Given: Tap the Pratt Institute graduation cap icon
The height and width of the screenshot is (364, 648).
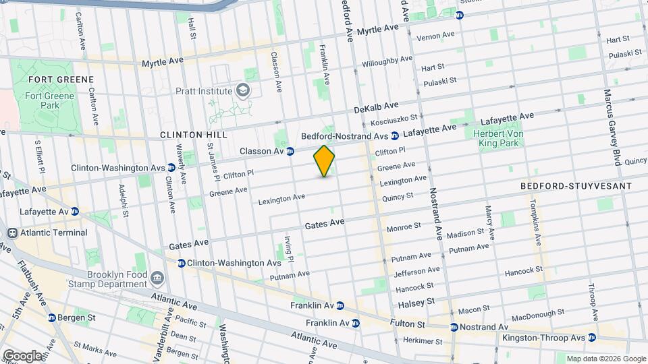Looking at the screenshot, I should point(242,90).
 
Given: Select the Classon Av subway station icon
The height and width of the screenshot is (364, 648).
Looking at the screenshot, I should point(290,151).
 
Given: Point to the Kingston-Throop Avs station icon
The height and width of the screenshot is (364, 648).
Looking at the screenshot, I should point(592,338).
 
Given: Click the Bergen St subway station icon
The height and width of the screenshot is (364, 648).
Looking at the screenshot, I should point(52,317).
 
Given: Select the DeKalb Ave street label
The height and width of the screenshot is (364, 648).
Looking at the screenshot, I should point(376,108).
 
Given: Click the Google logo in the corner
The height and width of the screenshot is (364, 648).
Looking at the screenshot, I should point(22,355).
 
